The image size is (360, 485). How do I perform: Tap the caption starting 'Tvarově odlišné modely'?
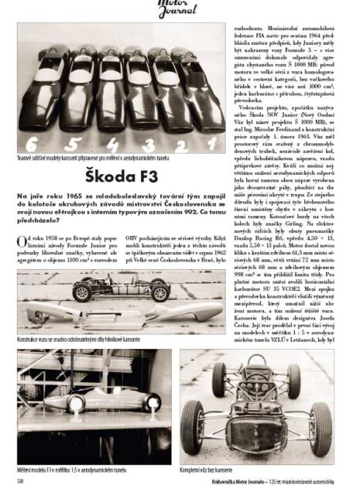(x=99, y=159)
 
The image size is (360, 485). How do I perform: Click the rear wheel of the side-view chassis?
(x=161, y=292)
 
